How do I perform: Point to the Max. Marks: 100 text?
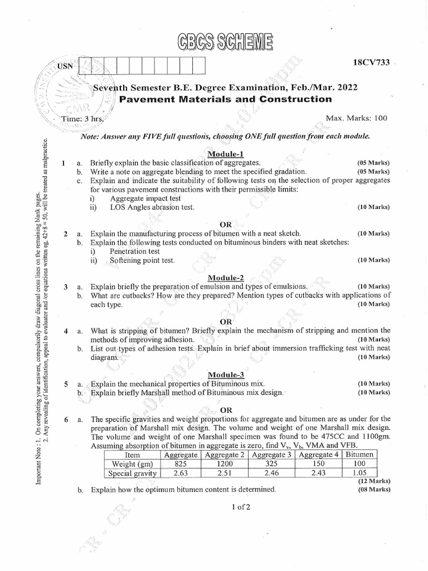(357, 118)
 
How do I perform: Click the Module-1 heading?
(225, 153)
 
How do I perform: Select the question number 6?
(66, 419)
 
